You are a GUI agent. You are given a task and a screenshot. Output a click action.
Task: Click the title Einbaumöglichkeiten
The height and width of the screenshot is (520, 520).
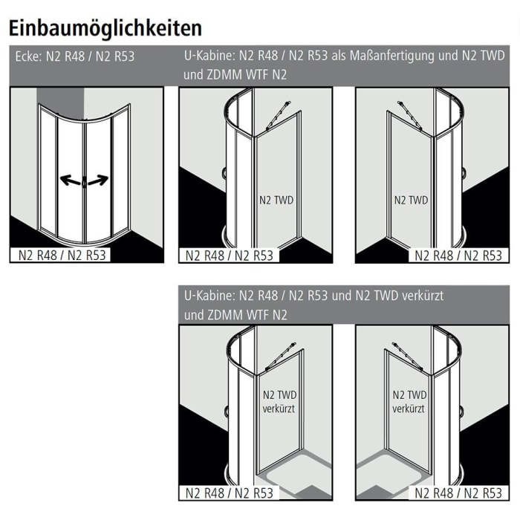click(x=105, y=29)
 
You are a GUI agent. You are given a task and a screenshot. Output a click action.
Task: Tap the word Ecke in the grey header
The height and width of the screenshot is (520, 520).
click(x=28, y=56)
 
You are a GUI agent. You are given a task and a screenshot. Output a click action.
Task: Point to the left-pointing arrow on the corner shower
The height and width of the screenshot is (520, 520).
click(x=71, y=180)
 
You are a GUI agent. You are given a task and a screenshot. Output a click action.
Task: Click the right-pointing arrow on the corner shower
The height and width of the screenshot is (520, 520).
click(x=98, y=180)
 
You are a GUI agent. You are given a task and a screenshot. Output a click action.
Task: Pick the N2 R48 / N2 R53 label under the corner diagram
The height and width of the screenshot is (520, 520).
click(x=62, y=256)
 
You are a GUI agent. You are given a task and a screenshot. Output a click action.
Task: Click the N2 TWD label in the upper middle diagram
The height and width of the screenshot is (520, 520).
click(x=276, y=200)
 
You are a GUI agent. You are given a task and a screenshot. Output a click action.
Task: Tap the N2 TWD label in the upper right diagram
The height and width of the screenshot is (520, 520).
click(x=411, y=200)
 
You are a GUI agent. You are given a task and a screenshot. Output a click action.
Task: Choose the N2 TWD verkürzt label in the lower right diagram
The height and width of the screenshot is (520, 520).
click(x=409, y=402)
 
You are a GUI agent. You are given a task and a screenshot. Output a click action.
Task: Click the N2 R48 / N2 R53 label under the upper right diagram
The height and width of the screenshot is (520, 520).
click(x=458, y=256)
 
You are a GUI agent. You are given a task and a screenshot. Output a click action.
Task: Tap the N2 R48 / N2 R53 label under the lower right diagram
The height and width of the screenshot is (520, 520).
click(x=458, y=493)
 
